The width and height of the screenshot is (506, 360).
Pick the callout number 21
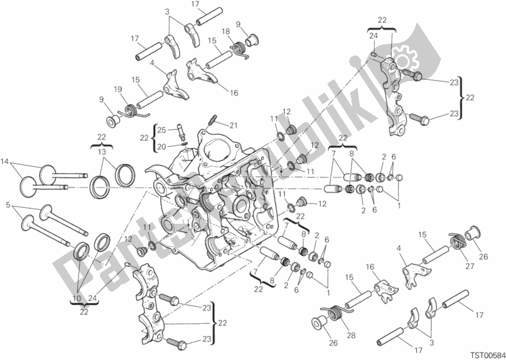point(215,124)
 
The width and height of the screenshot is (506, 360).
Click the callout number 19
point(118,89)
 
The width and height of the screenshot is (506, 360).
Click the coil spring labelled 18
point(239,47)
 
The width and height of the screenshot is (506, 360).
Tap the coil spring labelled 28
point(332,314)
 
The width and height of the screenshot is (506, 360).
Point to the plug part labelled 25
point(181,131)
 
